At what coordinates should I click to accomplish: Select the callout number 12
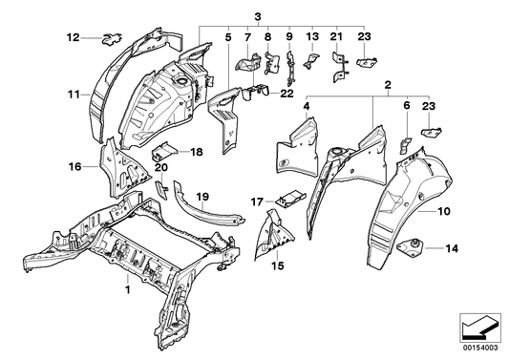[x=73, y=38]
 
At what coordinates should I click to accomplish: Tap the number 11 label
[x=73, y=94]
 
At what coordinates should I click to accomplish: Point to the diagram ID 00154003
[x=482, y=349]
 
